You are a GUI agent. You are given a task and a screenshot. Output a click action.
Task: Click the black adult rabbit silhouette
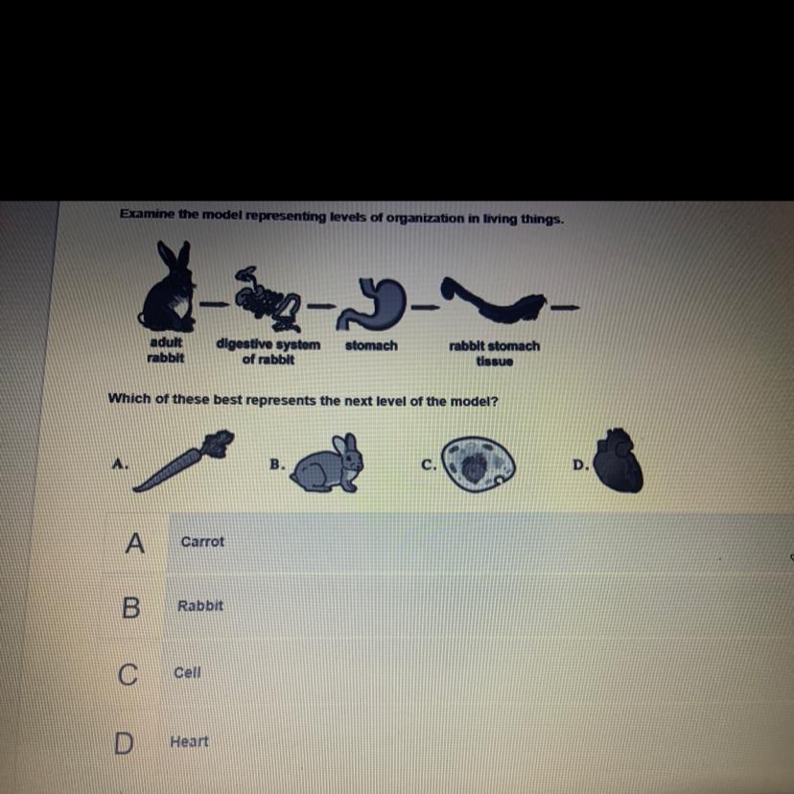coord(167,292)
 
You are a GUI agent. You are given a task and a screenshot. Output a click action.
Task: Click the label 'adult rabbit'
coord(166,350)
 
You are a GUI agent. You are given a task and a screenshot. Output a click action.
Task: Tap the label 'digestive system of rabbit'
coord(269,351)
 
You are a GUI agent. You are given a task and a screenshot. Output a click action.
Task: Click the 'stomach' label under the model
coord(371,346)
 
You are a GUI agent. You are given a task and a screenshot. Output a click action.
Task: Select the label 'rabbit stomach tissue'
coord(494,354)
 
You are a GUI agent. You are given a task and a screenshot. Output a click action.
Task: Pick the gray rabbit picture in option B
coord(328,463)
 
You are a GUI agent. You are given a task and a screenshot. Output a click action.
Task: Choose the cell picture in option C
coord(478,464)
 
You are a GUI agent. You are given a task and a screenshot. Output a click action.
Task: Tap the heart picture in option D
coord(618,461)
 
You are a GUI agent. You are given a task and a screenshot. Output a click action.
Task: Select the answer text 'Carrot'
coord(202,542)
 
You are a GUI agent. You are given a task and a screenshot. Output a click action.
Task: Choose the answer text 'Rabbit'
coord(200,606)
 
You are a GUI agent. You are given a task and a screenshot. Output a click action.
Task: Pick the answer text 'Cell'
coord(187,672)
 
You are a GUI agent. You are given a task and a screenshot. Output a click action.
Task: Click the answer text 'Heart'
coord(189,741)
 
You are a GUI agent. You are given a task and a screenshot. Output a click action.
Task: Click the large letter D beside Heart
coord(124,743)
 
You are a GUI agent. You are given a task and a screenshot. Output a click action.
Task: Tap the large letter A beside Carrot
coord(134,544)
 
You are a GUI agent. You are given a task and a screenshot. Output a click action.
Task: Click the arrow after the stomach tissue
coord(565,307)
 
